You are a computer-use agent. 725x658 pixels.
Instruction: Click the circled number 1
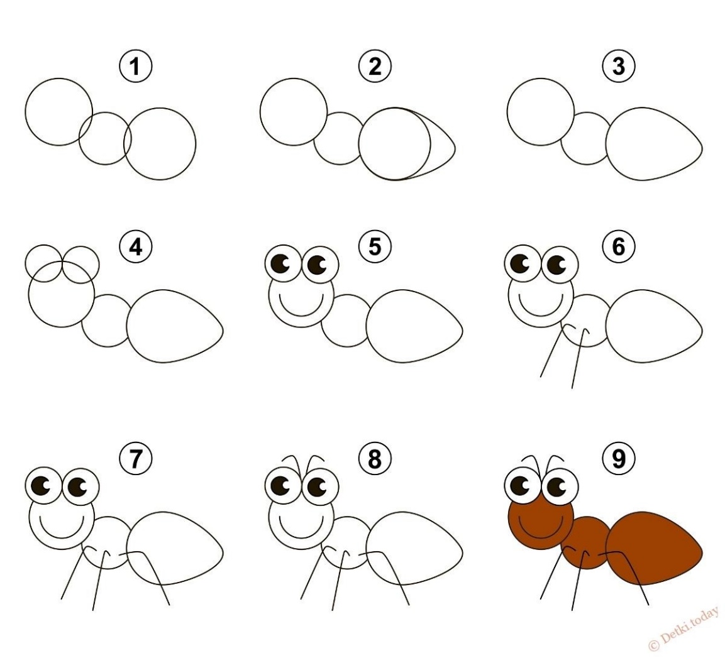pos(135,67)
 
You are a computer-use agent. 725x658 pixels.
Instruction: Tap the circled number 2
pos(375,67)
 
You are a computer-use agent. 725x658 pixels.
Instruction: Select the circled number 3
pos(619,67)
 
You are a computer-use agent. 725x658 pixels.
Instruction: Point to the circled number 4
pos(135,247)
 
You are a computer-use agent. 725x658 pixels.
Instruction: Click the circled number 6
pos(619,246)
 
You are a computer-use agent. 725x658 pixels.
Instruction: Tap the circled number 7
pos(135,458)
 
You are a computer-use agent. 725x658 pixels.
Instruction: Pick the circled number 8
pos(375,458)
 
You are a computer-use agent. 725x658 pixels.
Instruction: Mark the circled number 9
pos(619,458)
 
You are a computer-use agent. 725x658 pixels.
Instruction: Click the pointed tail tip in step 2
pos(455,148)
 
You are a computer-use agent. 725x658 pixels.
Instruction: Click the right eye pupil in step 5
pos(317,265)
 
